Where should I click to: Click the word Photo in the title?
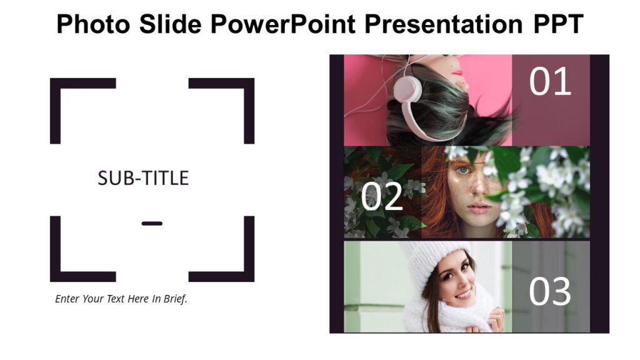click(85, 25)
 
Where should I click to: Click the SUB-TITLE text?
click(143, 178)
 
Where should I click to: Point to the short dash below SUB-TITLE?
click(152, 223)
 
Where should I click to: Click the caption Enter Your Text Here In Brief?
click(121, 299)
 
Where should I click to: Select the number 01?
click(550, 82)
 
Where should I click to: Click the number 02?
click(382, 197)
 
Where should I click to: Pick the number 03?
click(550, 292)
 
